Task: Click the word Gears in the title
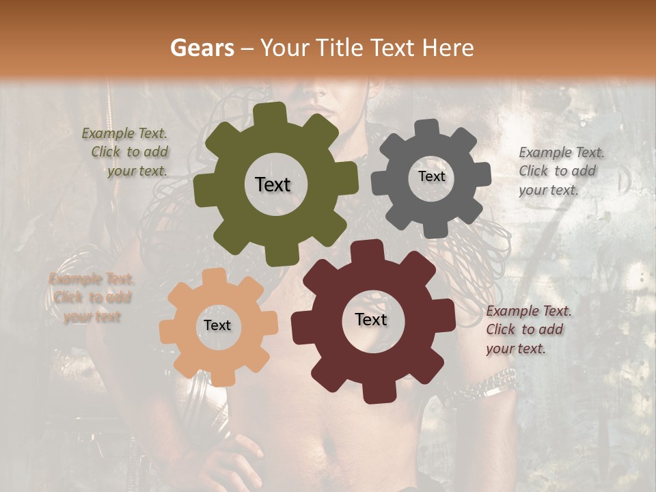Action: click(202, 48)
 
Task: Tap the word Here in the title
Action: click(448, 48)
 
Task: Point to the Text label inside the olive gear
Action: click(273, 184)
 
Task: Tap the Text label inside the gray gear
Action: click(431, 176)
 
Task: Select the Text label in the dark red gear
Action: click(371, 319)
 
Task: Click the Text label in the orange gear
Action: click(217, 325)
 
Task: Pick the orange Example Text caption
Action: click(91, 297)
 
